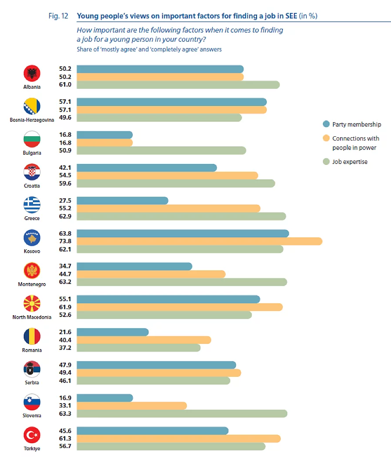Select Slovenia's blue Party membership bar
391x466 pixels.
105,398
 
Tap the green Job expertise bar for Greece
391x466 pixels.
181,216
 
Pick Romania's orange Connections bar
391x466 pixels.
144,340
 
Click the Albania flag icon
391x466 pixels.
32,73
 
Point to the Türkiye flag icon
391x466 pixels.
32,435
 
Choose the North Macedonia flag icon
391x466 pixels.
32,304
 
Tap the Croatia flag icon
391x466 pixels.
32,172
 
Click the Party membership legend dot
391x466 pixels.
326,124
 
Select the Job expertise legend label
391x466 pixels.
350,162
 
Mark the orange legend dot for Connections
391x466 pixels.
326,138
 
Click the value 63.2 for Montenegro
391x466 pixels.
65,282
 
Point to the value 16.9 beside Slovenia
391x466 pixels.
65,398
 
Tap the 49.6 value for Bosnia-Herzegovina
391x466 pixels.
65,117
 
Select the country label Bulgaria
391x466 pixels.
32,153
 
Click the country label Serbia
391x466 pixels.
32,382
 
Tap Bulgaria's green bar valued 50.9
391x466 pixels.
161,150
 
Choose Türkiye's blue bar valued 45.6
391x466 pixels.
152,431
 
